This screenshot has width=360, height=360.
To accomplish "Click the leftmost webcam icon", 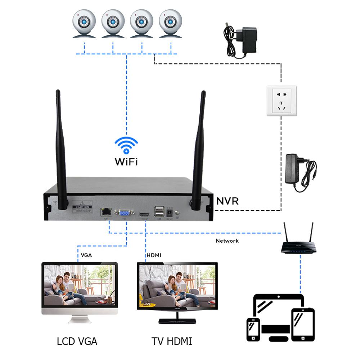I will coord(84,23).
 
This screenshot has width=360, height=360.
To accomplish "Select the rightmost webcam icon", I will coord(170,23).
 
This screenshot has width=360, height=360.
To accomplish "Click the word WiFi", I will coord(126,162).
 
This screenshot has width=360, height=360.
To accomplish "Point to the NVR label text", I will coord(227,201).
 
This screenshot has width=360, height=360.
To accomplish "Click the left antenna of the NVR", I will coord(60,151).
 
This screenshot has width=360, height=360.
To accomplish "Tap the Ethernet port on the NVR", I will coord(106,211).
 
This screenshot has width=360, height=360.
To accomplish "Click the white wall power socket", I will coord(281,101).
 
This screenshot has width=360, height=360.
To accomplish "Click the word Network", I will coord(227,241).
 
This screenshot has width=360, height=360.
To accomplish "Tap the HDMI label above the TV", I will coord(154,255).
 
